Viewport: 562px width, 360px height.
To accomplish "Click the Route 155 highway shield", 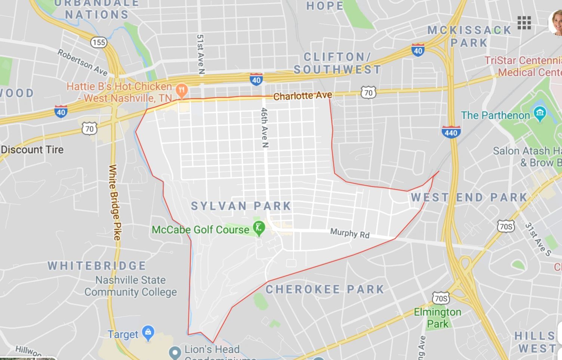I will tap(99, 42).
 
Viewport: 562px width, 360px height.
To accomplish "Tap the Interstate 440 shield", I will tap(451, 132).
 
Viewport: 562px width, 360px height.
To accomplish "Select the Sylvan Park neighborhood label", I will tap(241, 206).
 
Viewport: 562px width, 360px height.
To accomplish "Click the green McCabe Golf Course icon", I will tap(259, 228).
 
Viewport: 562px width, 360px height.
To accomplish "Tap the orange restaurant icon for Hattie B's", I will tap(182, 90).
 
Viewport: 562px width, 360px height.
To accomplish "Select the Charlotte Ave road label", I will tap(303, 96).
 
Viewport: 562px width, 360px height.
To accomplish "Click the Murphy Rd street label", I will tap(350, 233).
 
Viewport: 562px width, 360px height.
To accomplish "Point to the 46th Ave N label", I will tap(265, 128).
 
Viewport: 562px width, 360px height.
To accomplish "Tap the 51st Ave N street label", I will tap(201, 55).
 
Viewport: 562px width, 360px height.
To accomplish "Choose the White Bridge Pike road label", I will tap(115, 202).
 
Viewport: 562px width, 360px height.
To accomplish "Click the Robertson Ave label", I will tap(83, 62).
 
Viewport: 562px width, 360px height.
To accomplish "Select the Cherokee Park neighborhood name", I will tap(325, 289).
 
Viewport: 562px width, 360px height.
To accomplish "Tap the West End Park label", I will tap(469, 197).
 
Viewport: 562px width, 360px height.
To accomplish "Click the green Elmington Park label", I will tap(438, 317).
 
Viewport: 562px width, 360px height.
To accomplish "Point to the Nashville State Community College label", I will tap(130, 286).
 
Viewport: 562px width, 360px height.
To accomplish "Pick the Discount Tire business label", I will tap(32, 150).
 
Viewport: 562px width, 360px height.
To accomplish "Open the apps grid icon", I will tap(524, 23).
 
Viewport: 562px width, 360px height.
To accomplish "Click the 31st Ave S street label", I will tap(538, 239).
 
